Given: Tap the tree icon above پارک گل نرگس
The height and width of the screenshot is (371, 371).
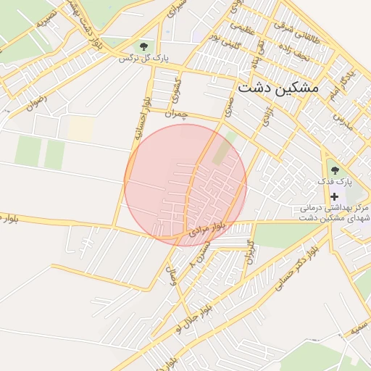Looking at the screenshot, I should [x=150, y=45].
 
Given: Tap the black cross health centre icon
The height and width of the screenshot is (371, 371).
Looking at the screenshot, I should [x=334, y=196].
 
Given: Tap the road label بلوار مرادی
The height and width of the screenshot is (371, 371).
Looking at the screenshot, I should [x=208, y=230].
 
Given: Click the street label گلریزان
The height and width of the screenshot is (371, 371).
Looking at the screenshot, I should [x=249, y=251].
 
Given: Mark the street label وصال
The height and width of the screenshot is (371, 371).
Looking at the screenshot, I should [x=172, y=275].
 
